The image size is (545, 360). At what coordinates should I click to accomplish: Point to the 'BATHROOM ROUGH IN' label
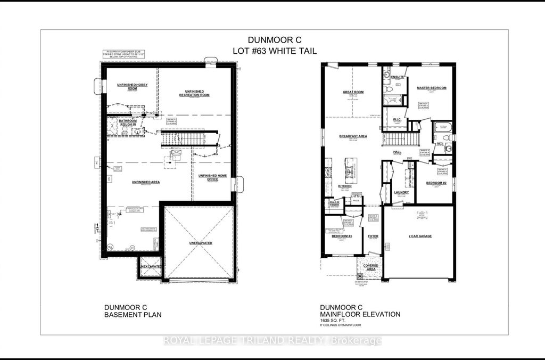pyautogui.click(x=128, y=122)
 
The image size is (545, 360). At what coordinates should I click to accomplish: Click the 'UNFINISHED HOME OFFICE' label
pyautogui.click(x=212, y=177)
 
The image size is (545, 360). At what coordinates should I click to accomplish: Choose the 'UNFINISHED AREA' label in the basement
pyautogui.click(x=146, y=182)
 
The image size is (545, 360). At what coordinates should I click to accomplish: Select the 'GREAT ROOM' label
pyautogui.click(x=353, y=92)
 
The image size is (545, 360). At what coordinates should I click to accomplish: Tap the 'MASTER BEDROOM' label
pyautogui.click(x=431, y=88)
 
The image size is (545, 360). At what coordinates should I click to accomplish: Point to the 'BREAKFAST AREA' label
pyautogui.click(x=353, y=136)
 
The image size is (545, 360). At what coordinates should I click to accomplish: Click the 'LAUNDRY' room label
pyautogui.click(x=401, y=193)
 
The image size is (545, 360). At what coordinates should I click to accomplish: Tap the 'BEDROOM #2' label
pyautogui.click(x=436, y=182)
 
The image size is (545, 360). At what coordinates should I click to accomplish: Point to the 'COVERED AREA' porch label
pyautogui.click(x=371, y=266)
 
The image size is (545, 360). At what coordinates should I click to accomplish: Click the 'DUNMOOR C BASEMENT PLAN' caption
pyautogui.click(x=131, y=311)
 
